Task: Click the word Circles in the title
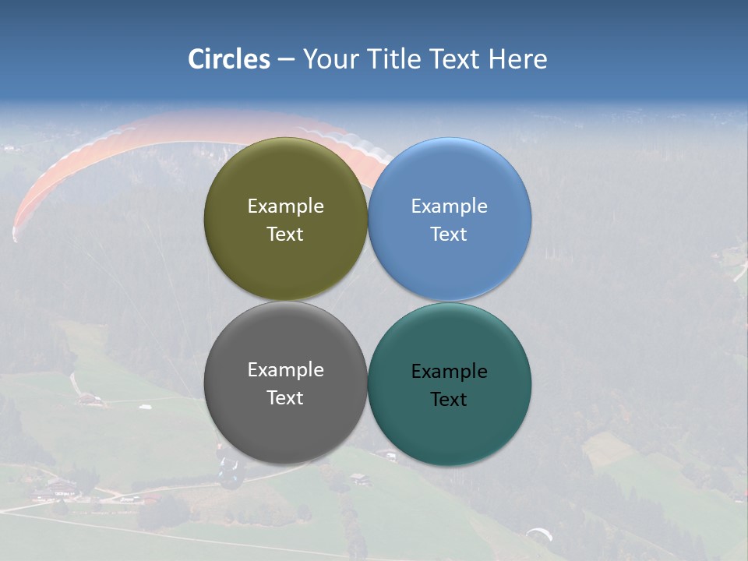pos(229,59)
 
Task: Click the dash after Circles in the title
pos(286,60)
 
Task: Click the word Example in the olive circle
pos(285,206)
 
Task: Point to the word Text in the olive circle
pos(285,234)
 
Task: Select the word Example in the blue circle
pos(449,206)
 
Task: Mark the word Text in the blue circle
pos(449,234)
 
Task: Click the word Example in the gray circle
pos(285,369)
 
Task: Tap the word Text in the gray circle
pos(285,397)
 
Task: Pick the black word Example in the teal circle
pos(449,371)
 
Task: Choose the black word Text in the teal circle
pos(449,399)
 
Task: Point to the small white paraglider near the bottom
pos(539,534)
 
